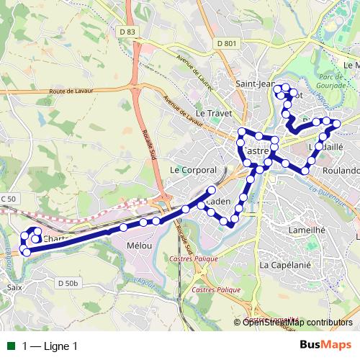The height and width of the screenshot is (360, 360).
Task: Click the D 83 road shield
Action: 127,32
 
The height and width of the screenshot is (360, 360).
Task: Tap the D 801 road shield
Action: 225,44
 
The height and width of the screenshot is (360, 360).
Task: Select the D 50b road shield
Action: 66,284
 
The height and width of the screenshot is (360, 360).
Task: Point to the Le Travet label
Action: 211,113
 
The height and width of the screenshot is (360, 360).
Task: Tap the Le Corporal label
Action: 193,170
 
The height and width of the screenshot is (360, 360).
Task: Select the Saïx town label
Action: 14,287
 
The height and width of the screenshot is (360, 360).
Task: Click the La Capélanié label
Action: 284,265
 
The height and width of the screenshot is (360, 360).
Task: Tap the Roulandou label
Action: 340,171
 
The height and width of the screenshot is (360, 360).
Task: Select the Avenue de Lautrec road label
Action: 196,71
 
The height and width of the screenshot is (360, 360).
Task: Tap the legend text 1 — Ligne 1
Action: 50,346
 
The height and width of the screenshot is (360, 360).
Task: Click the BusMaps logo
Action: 327,345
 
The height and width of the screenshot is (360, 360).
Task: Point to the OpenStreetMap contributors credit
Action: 297,322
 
